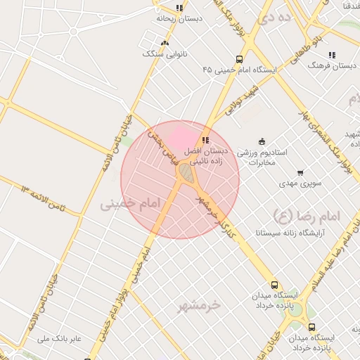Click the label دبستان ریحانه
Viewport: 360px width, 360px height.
pyautogui.click(x=179, y=19)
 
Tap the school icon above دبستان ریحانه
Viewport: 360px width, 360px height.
pyautogui.click(x=179, y=8)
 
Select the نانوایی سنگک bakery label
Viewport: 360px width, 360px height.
pyautogui.click(x=161, y=53)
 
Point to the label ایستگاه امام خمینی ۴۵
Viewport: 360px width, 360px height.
pyautogui.click(x=239, y=70)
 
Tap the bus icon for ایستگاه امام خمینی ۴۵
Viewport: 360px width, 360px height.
pyautogui.click(x=239, y=60)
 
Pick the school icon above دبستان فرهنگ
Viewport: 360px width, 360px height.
pyautogui.click(x=332, y=55)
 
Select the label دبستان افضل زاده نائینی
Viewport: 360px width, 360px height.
pyautogui.click(x=205, y=156)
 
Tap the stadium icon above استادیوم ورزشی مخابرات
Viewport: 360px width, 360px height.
pyautogui.click(x=262, y=141)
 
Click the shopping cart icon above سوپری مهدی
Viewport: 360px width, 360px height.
pyautogui.click(x=301, y=173)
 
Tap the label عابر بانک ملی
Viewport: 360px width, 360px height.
pyautogui.click(x=61, y=339)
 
